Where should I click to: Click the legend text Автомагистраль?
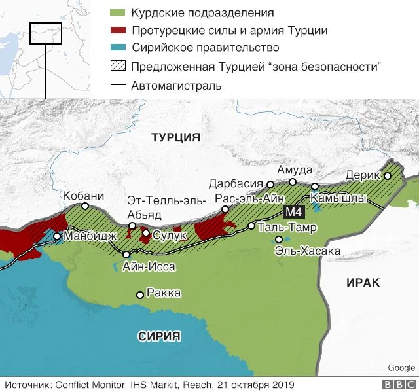(x=176, y=86)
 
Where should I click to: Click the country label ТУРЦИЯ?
(x=175, y=137)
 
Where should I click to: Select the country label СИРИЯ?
(x=158, y=336)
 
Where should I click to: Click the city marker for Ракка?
(x=139, y=294)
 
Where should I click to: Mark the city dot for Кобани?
(x=85, y=206)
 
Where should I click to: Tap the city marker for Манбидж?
(x=58, y=236)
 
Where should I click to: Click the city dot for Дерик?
(x=388, y=176)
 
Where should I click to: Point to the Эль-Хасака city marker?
(x=279, y=240)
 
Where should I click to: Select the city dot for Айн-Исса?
(x=126, y=255)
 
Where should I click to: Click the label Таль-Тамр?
(x=287, y=228)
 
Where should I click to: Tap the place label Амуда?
(x=295, y=170)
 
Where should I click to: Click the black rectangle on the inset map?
(x=46, y=33)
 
